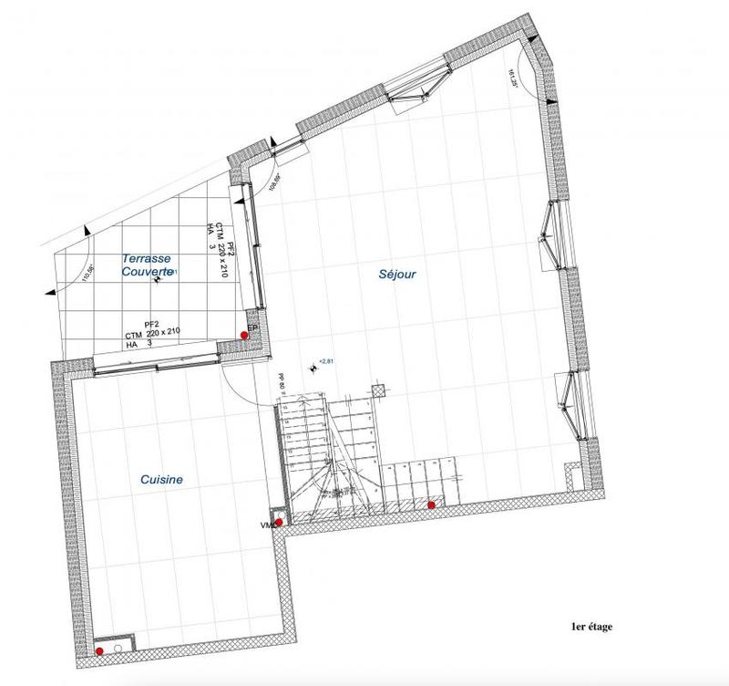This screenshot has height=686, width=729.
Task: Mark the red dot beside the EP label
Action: coord(244,336)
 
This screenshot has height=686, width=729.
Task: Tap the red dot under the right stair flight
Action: coord(431,505)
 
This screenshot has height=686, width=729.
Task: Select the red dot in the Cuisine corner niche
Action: coord(99,651)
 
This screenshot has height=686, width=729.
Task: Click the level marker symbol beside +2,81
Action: coord(314,369)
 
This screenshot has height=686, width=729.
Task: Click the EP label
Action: coord(252,327)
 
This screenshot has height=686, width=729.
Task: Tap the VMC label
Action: coord(267,526)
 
